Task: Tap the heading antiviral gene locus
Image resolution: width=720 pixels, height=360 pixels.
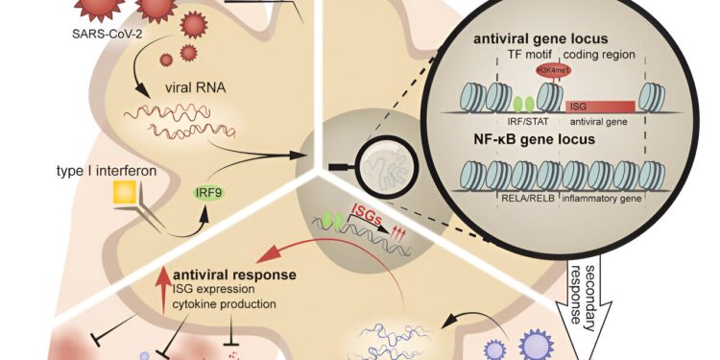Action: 550,39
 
